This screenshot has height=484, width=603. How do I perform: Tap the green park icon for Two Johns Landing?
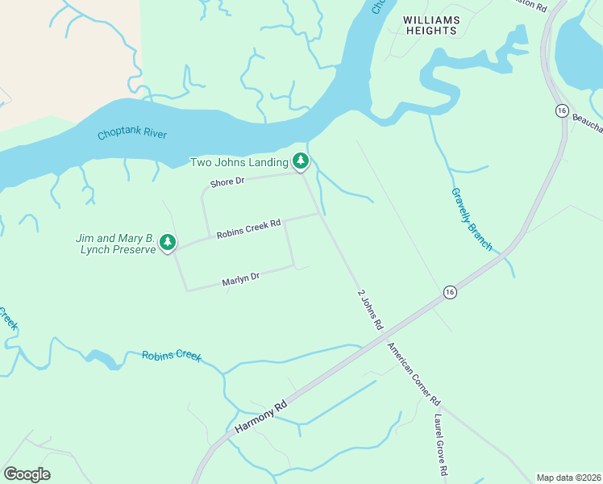301,161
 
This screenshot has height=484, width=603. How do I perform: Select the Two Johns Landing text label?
239,162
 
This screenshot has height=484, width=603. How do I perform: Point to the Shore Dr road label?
227,182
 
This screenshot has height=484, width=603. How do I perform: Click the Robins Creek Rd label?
248,228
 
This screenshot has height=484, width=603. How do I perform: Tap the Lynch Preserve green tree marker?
168,242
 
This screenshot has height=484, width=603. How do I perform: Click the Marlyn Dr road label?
240,279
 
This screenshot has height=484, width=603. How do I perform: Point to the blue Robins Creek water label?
172,356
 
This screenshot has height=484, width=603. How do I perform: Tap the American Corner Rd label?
414,374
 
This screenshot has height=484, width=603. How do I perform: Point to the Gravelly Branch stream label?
472,219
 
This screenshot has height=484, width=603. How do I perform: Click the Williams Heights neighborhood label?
431,25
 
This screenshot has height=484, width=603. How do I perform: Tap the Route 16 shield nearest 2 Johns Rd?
450,291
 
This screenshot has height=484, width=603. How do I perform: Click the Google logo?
27,474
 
